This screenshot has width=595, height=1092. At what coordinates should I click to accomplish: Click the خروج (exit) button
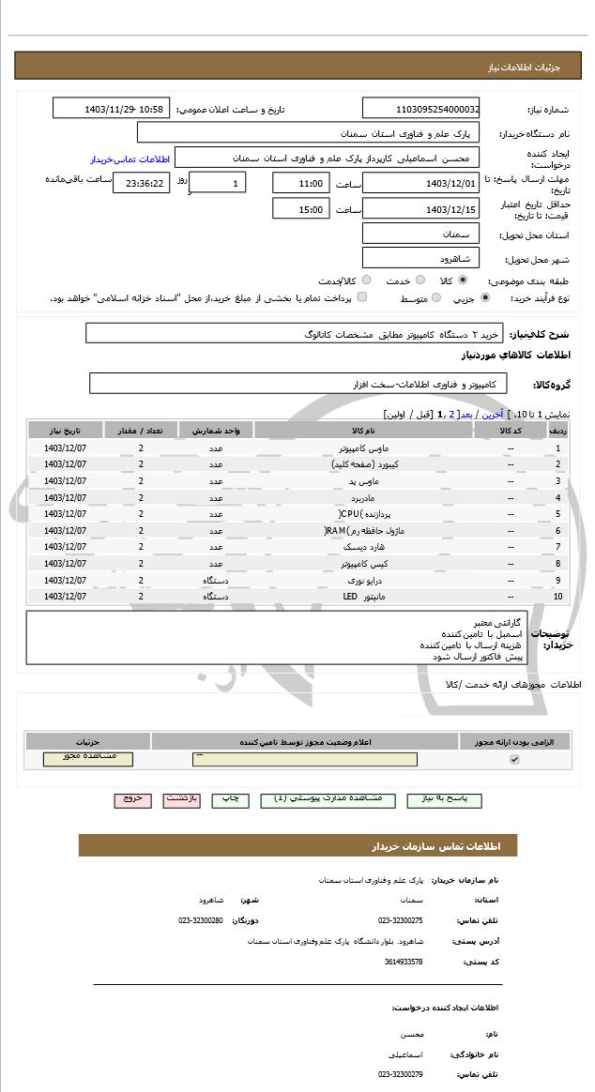(x=132, y=799)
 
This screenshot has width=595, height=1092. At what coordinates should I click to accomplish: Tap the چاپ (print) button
(x=229, y=799)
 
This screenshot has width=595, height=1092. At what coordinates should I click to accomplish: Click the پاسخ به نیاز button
(x=440, y=799)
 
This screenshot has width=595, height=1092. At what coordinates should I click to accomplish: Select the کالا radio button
(x=463, y=281)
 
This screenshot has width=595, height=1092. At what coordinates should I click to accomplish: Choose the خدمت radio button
(x=420, y=281)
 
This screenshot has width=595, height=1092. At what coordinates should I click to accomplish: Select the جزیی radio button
(x=484, y=298)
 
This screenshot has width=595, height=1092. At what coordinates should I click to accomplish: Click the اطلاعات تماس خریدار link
(x=120, y=159)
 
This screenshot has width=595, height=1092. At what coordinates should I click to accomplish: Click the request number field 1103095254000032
(x=420, y=109)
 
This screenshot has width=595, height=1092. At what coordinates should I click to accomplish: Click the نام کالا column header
(x=363, y=430)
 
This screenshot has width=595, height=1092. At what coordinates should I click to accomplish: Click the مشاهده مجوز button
(x=88, y=758)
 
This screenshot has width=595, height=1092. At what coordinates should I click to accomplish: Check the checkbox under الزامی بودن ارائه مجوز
(x=513, y=759)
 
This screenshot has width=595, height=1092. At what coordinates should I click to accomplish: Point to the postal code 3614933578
(x=404, y=962)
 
